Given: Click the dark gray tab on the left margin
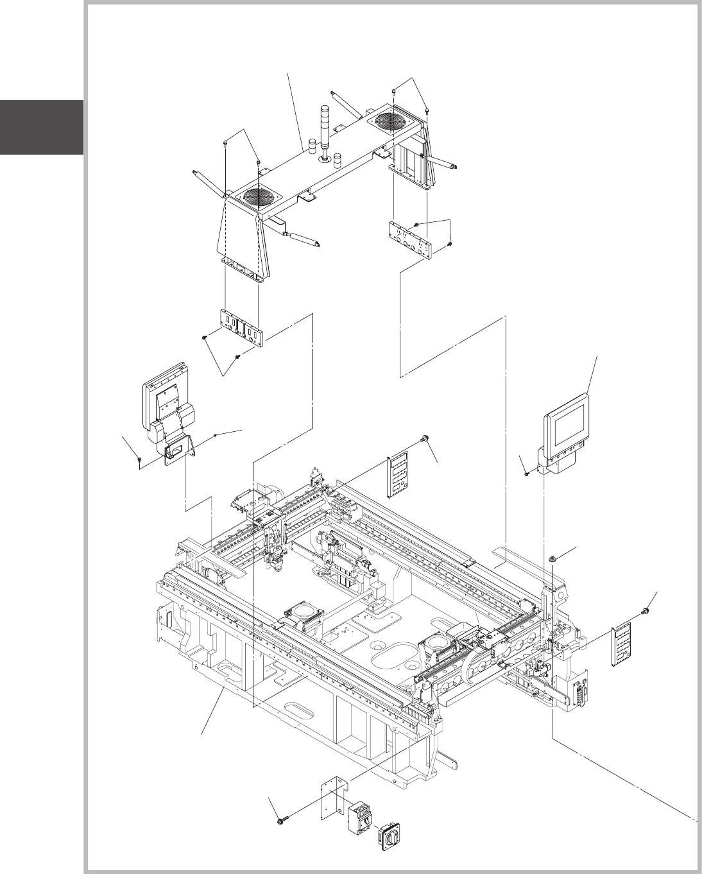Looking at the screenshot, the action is click(x=42, y=127).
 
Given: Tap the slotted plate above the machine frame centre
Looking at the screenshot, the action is click(x=398, y=475).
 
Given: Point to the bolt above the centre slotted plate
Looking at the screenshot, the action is click(x=425, y=438).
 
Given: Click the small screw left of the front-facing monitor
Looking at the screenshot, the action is click(x=526, y=474).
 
